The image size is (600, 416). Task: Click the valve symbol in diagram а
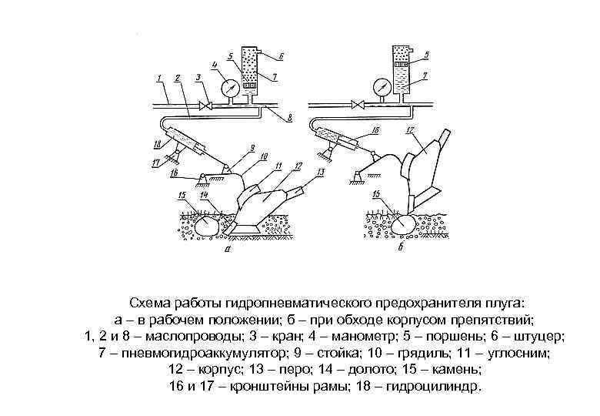coord(207,104)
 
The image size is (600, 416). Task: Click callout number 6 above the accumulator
coord(282,56)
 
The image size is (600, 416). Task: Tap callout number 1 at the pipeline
coord(157,78)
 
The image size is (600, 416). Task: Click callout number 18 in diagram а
coord(157,143)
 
